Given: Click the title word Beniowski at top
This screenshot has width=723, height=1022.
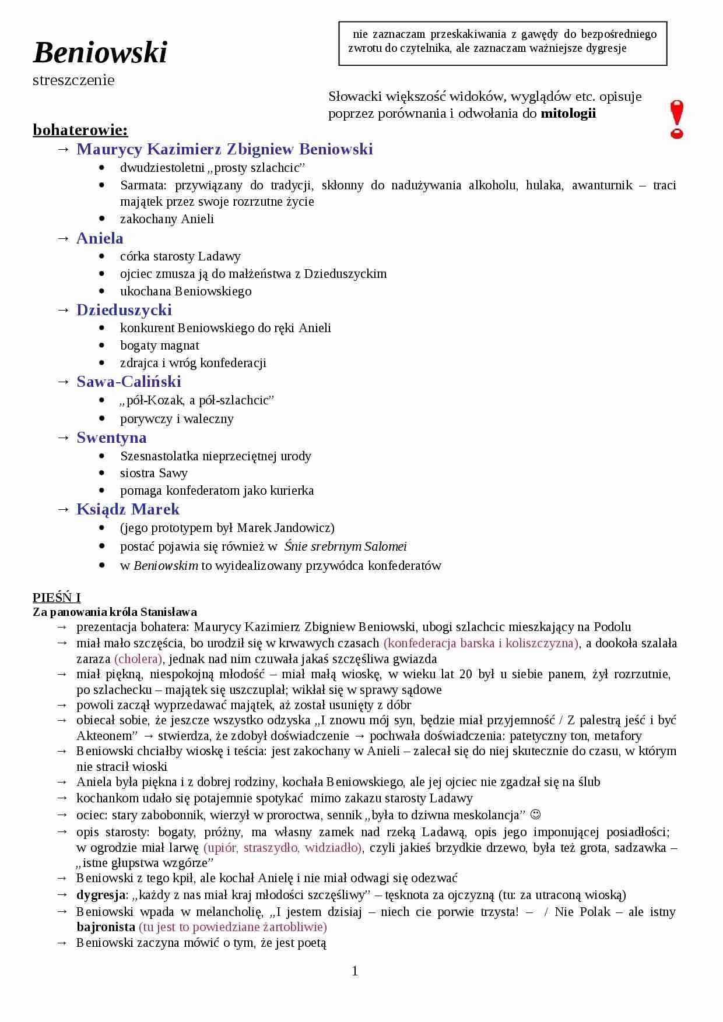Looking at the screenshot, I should (100, 52).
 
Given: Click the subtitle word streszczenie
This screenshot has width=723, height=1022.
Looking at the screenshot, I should (73, 80).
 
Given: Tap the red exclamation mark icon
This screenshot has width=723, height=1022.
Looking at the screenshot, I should (676, 119).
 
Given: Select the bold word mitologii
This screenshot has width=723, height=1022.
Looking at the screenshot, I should (568, 113).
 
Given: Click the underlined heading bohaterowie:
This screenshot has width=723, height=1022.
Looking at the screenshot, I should (80, 129).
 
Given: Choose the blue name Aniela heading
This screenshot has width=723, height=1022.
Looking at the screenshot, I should (100, 238).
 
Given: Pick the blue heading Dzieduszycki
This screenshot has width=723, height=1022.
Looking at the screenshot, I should (124, 310).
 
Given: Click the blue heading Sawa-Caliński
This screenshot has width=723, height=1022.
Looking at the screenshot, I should (129, 382).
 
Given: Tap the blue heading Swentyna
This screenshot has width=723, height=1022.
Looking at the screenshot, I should (111, 438).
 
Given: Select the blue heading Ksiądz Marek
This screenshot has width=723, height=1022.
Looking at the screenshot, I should (128, 509).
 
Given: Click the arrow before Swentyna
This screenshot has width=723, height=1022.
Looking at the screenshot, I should (64, 438).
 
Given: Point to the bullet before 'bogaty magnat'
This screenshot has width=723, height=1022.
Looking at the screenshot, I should (103, 346).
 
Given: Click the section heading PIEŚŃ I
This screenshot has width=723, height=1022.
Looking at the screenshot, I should (57, 597).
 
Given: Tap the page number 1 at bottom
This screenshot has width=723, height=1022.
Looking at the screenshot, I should (355, 971).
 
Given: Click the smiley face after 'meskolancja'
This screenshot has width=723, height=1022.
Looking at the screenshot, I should (535, 814).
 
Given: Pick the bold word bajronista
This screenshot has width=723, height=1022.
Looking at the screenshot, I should (106, 926).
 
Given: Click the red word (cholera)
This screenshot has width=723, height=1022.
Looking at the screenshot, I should (139, 659).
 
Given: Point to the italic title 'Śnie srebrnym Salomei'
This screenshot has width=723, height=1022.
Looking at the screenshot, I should (346, 547).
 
